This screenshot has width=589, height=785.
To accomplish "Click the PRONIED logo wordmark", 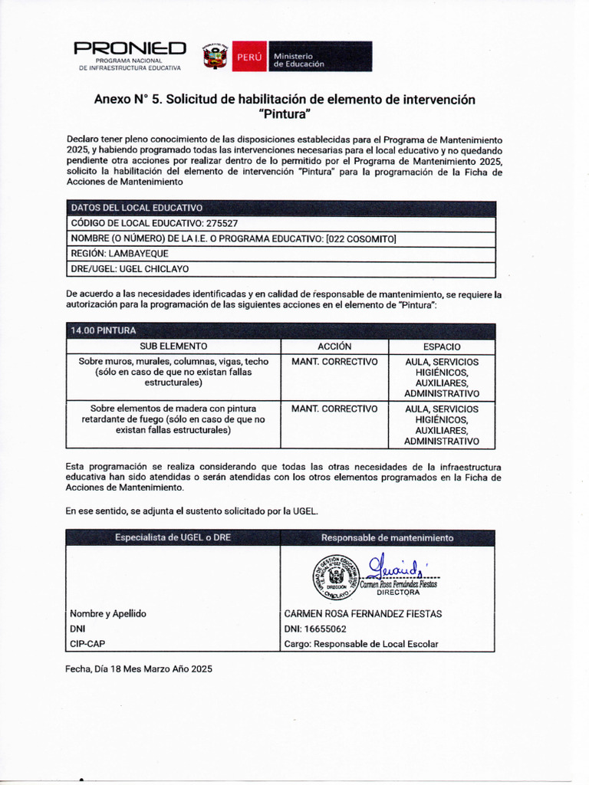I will click(130, 49).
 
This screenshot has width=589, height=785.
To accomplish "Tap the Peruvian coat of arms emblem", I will click(215, 57).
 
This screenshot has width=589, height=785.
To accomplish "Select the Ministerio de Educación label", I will click(299, 60).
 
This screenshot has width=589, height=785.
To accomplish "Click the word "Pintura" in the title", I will click(285, 115).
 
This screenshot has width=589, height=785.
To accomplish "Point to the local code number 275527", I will click(221, 223).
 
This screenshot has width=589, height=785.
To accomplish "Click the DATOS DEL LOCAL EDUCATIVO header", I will click(137, 208).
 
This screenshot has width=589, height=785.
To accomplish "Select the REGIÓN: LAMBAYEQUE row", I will click(120, 254).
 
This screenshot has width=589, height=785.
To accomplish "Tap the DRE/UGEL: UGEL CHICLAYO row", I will click(130, 269).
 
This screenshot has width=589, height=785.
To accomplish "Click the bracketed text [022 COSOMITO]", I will click(360, 238).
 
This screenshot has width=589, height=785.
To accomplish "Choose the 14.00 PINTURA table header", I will click(104, 330).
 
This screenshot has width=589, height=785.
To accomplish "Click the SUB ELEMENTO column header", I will click(173, 347).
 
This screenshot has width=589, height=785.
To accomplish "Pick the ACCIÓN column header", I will click(334, 347).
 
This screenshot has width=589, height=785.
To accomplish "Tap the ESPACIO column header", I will click(442, 347).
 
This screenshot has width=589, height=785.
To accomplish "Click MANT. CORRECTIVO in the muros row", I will click(334, 362).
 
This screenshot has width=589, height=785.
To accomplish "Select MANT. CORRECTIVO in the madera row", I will click(334, 409).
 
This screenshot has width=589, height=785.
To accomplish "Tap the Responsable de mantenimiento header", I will click(387, 537).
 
